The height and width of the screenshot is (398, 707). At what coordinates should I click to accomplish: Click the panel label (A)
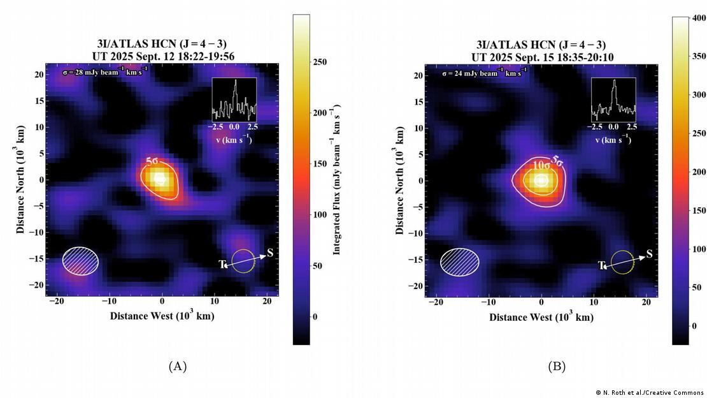coord(177,366)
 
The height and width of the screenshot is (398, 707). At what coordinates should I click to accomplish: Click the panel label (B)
coord(557,366)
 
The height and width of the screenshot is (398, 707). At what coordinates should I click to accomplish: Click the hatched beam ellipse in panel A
coord(80,260)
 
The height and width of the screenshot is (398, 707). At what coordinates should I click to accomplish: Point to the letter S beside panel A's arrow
coord(270,253)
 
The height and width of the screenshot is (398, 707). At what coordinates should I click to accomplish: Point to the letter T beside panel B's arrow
coord(601,265)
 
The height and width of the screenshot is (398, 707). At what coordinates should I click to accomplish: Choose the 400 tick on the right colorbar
coord(699,18)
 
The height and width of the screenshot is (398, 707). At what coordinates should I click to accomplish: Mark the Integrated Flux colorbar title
coord(337,179)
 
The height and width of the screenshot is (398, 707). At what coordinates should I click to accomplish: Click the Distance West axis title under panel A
coord(162,316)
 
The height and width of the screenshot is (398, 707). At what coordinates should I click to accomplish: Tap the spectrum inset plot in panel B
coord(613,99)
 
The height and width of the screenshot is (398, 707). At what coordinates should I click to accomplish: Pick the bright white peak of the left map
coord(159,179)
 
